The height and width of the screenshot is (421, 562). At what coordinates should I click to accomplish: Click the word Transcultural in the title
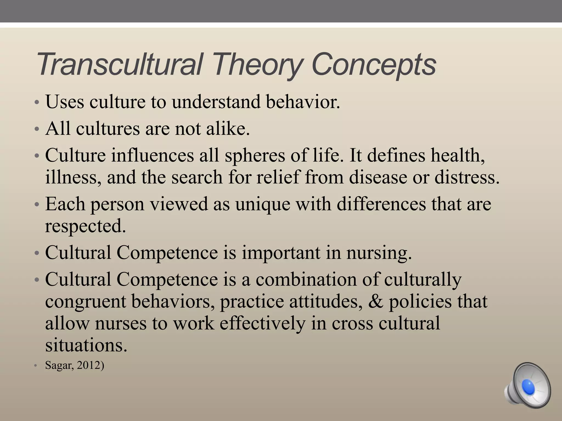pos(119,65)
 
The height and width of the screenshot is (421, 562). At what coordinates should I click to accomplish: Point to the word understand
pos(216,102)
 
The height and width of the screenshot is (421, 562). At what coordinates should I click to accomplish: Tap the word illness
pos(73,177)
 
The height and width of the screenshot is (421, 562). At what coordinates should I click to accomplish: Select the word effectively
pos(262,323)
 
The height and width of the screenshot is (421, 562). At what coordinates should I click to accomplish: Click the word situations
pos(86,345)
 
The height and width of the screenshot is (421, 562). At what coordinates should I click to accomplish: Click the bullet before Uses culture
pos(36,103)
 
